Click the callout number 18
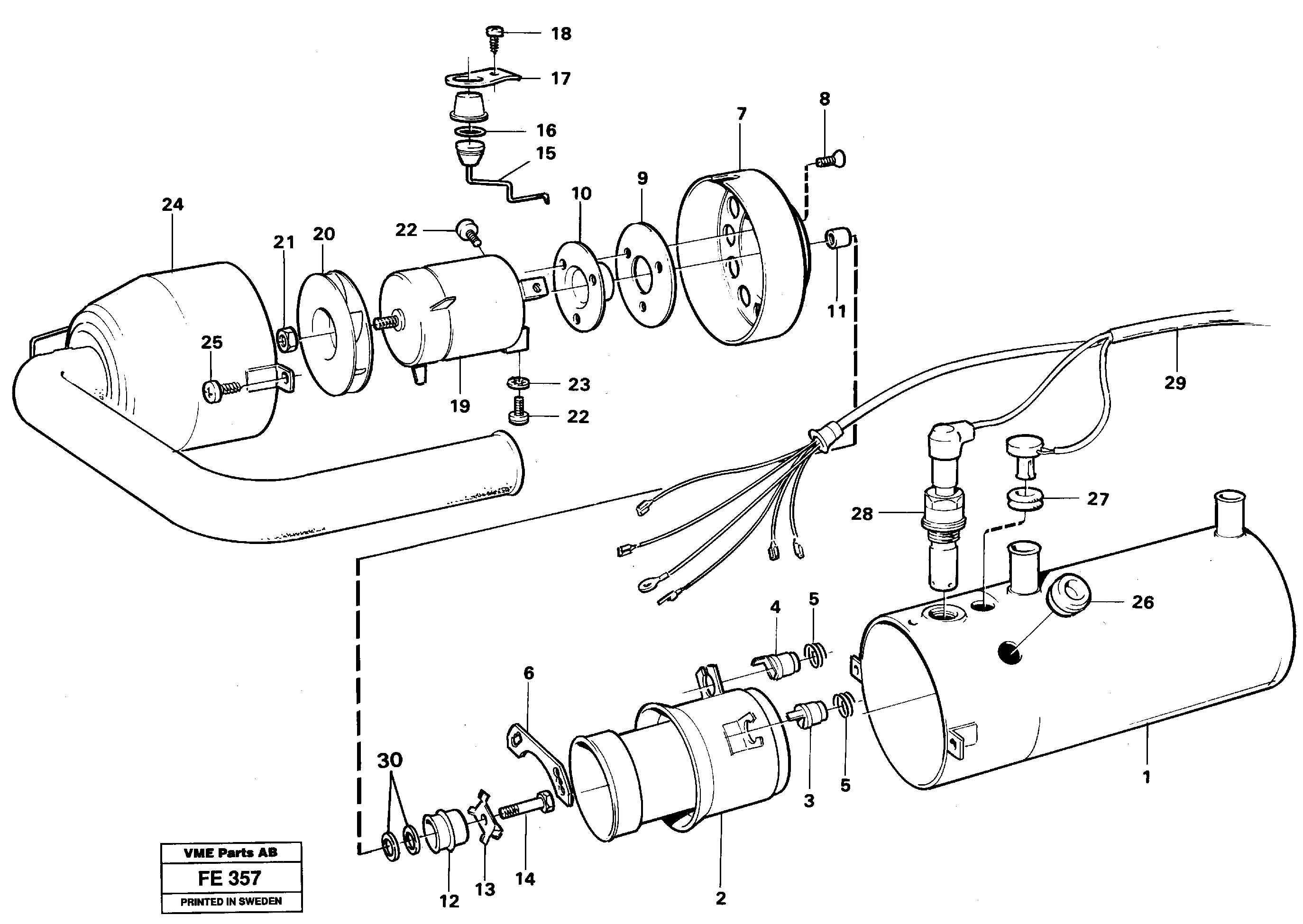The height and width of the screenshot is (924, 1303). click(x=561, y=34)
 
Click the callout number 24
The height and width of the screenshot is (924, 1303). click(x=173, y=204)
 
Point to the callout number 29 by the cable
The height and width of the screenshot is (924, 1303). click(x=1175, y=382)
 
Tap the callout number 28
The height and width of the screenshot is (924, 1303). click(x=862, y=514)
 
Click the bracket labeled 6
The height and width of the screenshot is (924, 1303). click(x=538, y=763)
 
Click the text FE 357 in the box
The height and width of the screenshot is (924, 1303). click(x=229, y=878)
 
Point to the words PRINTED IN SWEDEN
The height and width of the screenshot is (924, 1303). click(x=231, y=902)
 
